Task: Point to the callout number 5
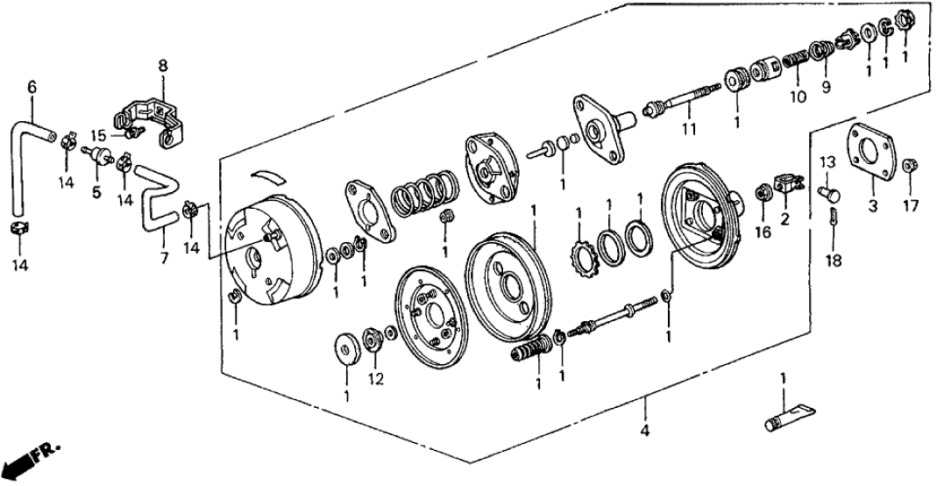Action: click(x=97, y=189)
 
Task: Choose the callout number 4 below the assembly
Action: click(x=647, y=431)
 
